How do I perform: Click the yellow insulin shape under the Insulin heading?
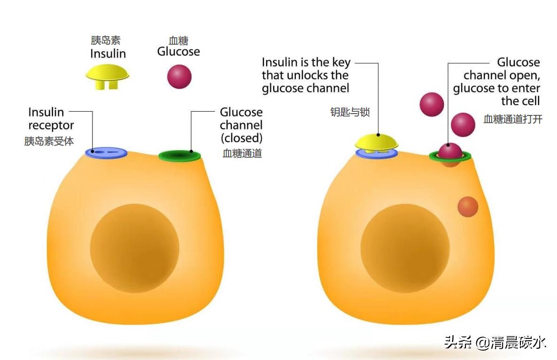pyautogui.click(x=107, y=75)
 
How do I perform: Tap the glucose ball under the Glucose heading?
pyautogui.click(x=179, y=76)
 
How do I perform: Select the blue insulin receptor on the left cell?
pyautogui.click(x=107, y=152)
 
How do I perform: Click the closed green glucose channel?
pyautogui.click(x=180, y=155)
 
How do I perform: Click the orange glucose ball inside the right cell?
pyautogui.click(x=467, y=207)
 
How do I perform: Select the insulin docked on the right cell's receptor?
pyautogui.click(x=376, y=142)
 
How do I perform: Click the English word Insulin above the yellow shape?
pyautogui.click(x=108, y=53)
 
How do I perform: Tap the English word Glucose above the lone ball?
pyautogui.click(x=178, y=51)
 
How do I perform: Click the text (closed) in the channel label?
pyautogui.click(x=241, y=138)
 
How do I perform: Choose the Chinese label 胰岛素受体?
pyautogui.click(x=49, y=141)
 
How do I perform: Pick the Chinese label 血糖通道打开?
pyautogui.click(x=513, y=119)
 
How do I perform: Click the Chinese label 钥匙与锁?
pyautogui.click(x=350, y=112)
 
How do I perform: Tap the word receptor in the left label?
pyautogui.click(x=51, y=125)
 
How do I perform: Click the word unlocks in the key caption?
pyautogui.click(x=317, y=75)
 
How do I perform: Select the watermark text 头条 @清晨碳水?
pyautogui.click(x=495, y=342)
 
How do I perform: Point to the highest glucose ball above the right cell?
pyautogui.click(x=432, y=104)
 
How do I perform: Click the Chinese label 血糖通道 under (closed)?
pyautogui.click(x=242, y=153)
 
